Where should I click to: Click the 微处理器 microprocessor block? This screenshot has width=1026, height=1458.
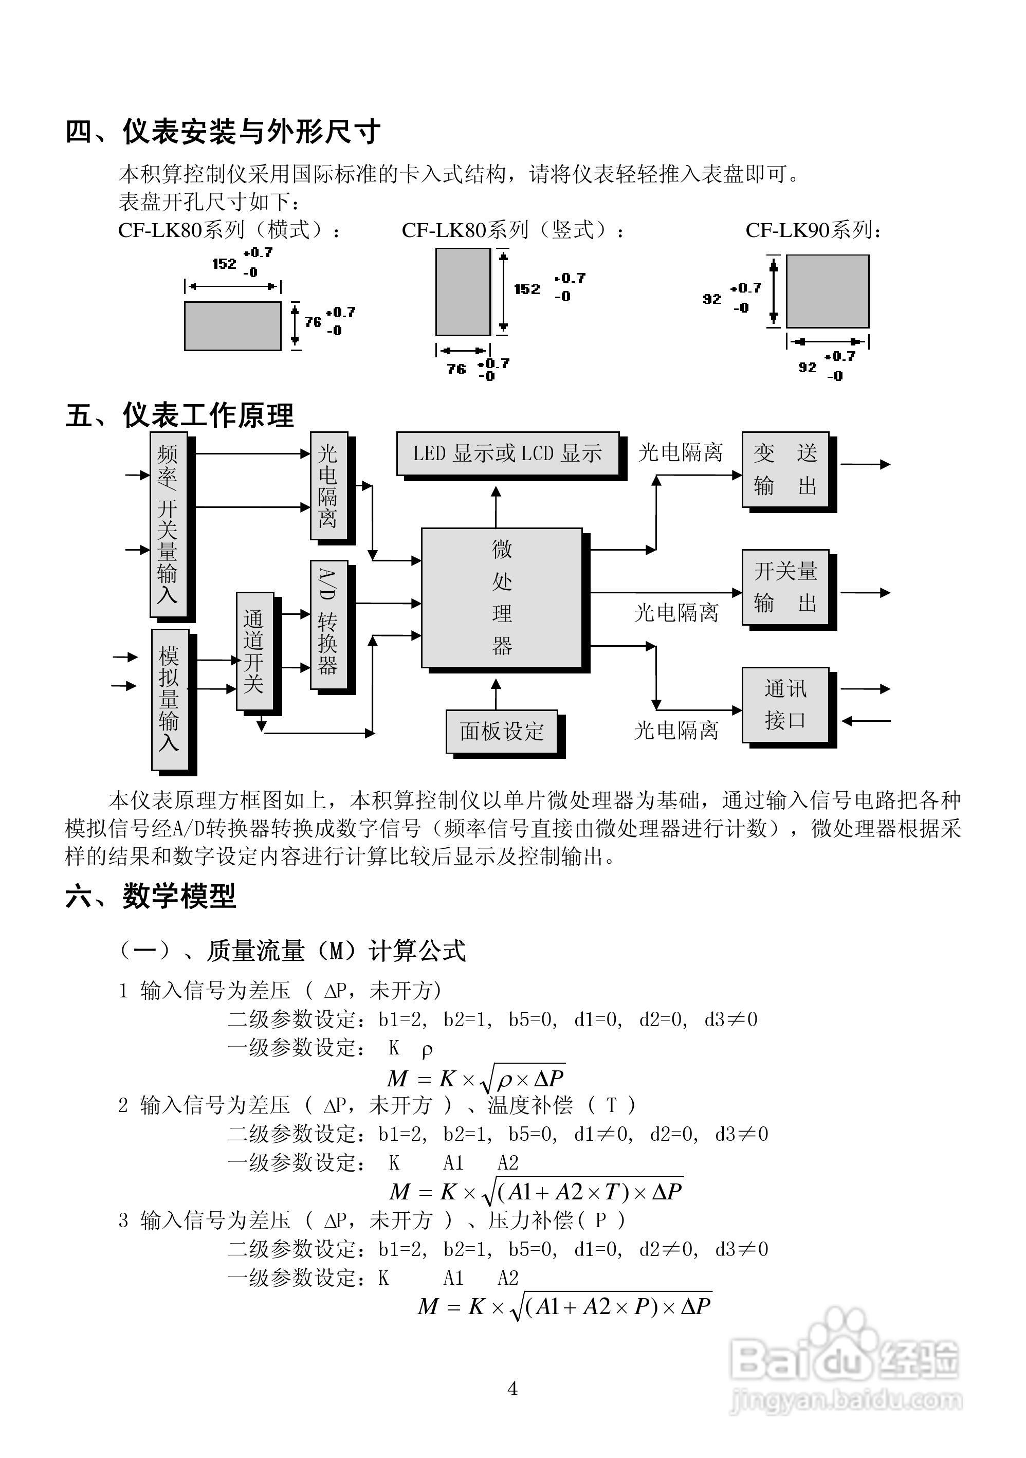point(502,597)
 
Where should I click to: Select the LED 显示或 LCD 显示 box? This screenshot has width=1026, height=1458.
point(507,453)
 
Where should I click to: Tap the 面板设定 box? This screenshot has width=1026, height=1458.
point(502,731)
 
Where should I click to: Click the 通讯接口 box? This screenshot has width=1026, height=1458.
point(785,704)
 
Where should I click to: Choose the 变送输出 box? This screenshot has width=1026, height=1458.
point(785,469)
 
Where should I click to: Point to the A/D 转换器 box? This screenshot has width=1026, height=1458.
point(328,624)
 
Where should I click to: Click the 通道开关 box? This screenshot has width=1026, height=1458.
point(254,651)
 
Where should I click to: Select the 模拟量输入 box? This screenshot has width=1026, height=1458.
point(170,699)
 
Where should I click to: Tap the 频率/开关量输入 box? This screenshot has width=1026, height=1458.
point(168,524)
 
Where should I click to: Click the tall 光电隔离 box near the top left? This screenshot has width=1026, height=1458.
point(328,486)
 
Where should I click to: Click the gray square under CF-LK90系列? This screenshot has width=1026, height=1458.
point(827,291)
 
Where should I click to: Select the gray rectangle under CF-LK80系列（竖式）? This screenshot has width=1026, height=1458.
point(462,291)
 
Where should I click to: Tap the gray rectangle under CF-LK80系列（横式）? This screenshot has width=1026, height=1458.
point(232,326)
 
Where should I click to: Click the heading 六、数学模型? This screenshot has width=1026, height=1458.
point(151,896)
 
